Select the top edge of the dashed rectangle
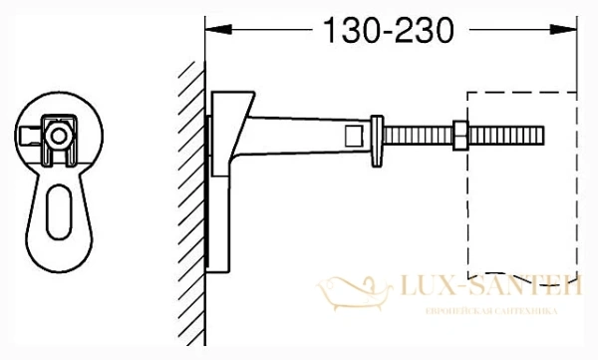(522, 93)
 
